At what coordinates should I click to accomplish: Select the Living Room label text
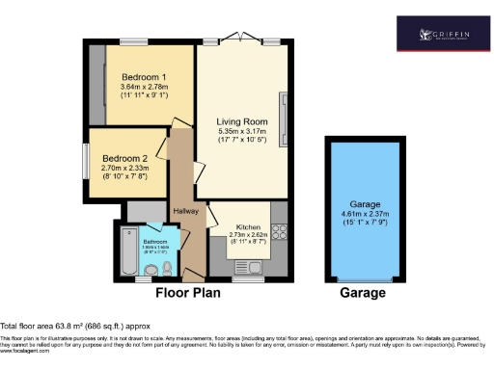coord(241,120)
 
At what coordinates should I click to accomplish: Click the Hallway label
coord(185,211)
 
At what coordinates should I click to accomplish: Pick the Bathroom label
coord(155,241)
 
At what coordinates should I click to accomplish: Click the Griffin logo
coord(444,36)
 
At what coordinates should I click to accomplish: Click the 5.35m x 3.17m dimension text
coord(241,131)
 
